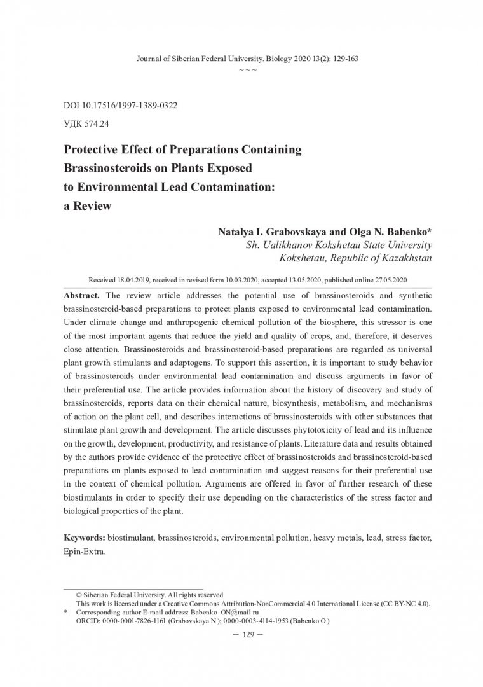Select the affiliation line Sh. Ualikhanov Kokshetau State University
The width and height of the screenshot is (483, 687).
339,245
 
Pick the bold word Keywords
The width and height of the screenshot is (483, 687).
85,538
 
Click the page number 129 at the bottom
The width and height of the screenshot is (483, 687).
241,634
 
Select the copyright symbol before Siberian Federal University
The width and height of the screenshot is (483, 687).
79,593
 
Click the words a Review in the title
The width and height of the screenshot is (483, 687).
87,207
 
